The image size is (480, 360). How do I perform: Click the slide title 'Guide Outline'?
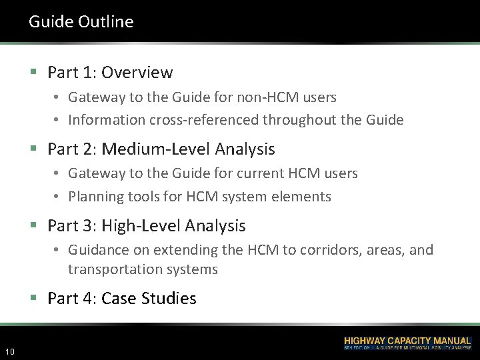coord(81,21)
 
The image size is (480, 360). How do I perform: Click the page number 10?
coord(10,351)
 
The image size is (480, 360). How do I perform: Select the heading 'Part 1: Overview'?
coord(110,72)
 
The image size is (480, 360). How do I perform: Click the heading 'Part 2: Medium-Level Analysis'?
coord(161,149)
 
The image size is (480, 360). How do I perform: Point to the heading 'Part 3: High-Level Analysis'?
coord(147,226)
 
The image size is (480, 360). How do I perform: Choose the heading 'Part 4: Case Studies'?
coord(122,298)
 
